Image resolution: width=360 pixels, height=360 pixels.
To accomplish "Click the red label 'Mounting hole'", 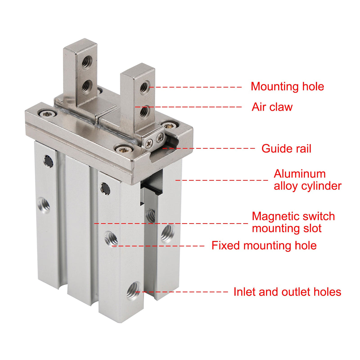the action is click(287, 87).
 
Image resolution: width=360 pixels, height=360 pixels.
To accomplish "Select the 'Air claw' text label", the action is click(272, 107).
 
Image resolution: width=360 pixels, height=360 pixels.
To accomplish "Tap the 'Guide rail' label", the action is click(286, 149).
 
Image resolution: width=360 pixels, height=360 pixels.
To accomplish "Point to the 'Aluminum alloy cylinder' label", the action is click(307, 180).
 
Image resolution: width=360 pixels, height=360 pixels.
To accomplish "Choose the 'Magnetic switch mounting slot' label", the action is click(293, 222).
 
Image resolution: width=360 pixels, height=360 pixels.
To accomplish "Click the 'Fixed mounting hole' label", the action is click(264, 245).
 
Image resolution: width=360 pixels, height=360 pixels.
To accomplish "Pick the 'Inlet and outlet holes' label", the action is click(287, 292).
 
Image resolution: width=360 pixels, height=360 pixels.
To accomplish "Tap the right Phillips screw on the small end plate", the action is click(160, 138).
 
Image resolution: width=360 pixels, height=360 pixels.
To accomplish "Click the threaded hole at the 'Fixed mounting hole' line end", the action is click(111, 239).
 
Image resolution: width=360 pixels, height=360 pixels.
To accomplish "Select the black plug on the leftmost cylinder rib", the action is click(48, 161).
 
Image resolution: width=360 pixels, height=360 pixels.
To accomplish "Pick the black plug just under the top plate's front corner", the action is click(105, 189).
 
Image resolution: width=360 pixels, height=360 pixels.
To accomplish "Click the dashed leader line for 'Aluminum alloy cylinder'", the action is click(222, 180).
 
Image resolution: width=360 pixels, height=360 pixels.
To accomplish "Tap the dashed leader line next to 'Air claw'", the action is click(188, 107).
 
